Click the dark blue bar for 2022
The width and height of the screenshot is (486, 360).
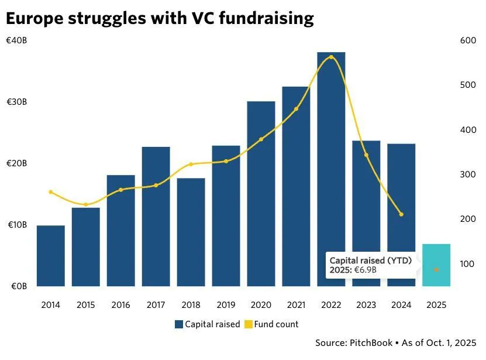331,170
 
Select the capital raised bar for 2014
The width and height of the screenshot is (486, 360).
51,256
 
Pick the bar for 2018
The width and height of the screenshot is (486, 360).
191,232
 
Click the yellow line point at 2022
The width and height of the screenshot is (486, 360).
331,57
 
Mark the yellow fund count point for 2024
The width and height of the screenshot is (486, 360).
401,214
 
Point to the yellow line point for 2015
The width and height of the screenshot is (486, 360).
86,204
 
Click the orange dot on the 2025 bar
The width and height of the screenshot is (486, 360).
436,269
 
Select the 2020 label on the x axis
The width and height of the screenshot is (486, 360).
261,305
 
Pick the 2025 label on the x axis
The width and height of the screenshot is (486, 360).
436,305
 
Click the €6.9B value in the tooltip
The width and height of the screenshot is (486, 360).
365,270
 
